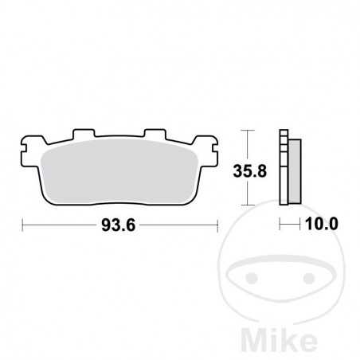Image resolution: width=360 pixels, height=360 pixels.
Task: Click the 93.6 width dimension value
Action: click(119, 225)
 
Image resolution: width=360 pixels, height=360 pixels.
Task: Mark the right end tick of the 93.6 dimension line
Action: click(217, 225)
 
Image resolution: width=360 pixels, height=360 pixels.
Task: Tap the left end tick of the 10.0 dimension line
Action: click(280, 225)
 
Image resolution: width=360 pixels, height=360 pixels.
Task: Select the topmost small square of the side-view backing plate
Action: click(283, 133)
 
